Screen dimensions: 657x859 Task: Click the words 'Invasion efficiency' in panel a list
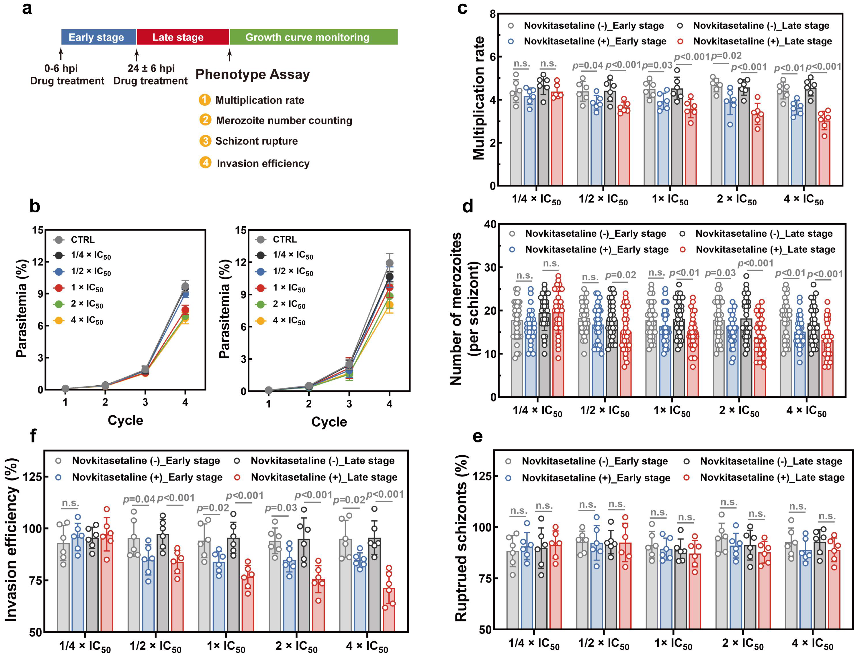point(263,164)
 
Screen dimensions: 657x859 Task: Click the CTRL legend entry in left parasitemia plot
point(82,239)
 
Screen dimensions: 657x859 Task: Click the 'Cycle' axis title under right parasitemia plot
point(329,422)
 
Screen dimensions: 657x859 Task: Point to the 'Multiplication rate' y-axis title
point(479,99)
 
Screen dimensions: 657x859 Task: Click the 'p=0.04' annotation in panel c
point(588,66)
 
